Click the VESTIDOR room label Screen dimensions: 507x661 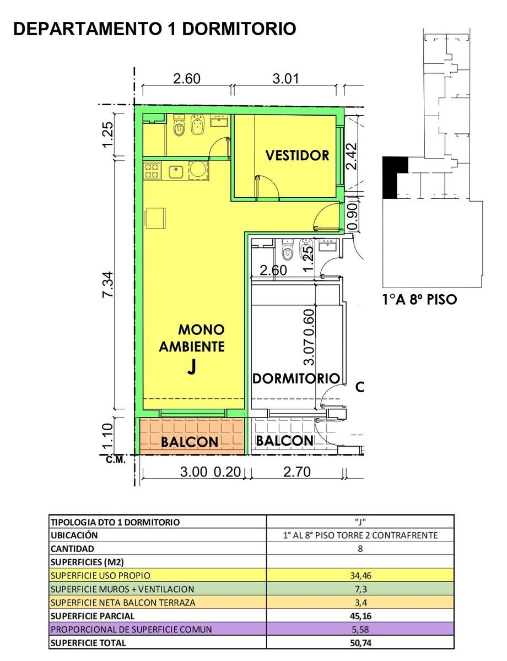pos(297,155)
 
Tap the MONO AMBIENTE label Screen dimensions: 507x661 pos(192,338)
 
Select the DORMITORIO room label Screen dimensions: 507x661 pos(296,378)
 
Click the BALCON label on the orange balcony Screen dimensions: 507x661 pos(189,442)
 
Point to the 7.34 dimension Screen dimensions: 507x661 pos(109,284)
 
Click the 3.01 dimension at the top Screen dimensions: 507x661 pos(285,79)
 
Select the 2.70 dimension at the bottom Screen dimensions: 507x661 pos(297,472)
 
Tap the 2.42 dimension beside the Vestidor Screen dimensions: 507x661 pos(352,156)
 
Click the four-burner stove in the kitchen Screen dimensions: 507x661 pos(152,171)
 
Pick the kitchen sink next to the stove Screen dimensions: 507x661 pos(176,171)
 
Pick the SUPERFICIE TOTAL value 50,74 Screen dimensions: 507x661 pos(360,643)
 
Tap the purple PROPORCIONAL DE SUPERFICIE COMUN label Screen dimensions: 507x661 pos(131,630)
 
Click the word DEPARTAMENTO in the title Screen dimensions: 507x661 pos(87,29)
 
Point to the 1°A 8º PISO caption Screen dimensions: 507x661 pos(420,300)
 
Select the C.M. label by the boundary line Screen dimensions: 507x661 pos(116,460)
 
